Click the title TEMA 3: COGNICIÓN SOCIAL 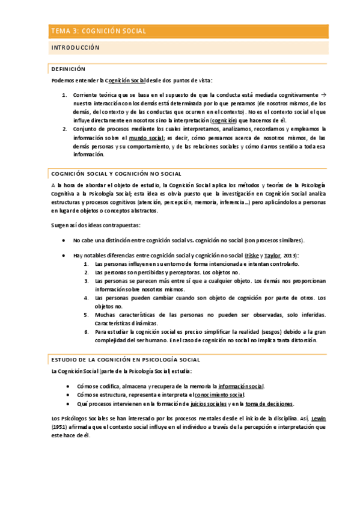[x=99, y=31]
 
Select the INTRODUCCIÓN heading [x=76, y=48]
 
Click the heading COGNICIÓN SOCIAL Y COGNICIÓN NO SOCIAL [x=117, y=174]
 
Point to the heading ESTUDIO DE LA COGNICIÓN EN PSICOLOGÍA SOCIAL [x=126, y=360]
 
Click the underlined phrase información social [x=241, y=386]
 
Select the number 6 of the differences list [x=87, y=331]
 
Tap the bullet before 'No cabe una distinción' [x=64, y=241]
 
